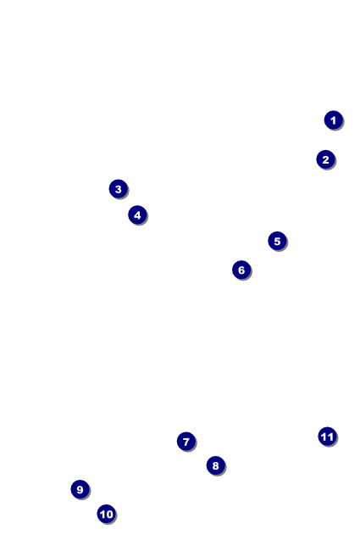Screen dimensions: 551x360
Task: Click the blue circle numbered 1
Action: point(333,120)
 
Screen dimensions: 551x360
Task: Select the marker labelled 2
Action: point(325,159)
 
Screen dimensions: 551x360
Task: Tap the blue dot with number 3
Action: point(119,189)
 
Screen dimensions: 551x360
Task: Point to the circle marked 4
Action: point(137,215)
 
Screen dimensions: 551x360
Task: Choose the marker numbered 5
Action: point(277,242)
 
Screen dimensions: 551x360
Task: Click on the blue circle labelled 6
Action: point(241,270)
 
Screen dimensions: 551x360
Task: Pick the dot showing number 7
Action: point(186,442)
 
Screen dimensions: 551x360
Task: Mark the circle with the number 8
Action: point(216,465)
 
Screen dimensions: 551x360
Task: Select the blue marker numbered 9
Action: point(80,489)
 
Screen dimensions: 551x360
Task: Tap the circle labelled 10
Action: point(106,514)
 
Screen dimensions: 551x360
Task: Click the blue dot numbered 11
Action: point(327,437)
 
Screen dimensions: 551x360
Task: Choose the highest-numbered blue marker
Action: point(327,437)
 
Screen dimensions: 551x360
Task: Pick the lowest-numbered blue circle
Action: point(333,120)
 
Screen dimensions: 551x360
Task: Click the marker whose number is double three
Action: point(241,270)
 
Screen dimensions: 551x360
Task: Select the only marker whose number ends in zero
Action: point(106,514)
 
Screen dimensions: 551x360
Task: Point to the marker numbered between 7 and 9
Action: point(216,465)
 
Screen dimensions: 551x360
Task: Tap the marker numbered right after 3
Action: point(137,215)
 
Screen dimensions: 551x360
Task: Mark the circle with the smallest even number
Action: point(325,159)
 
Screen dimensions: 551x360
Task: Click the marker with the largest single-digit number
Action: point(80,489)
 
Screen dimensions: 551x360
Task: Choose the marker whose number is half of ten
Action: point(277,242)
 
